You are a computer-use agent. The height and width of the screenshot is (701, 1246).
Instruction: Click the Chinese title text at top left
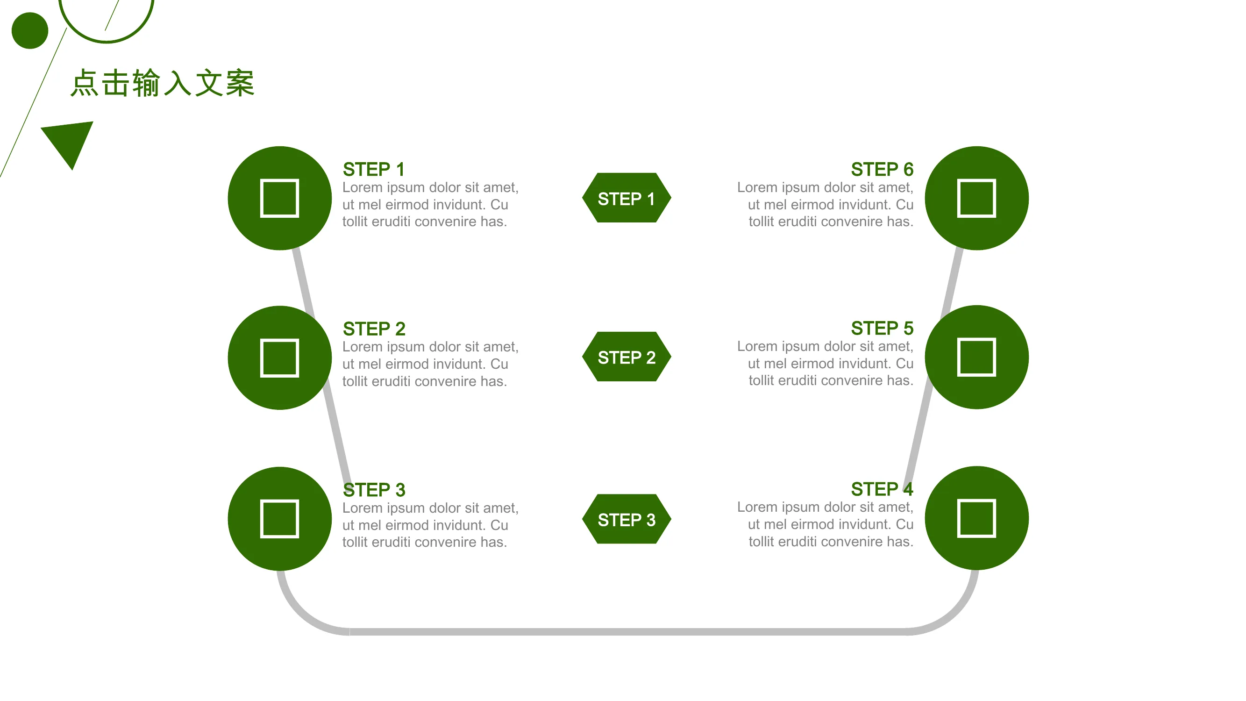point(163,83)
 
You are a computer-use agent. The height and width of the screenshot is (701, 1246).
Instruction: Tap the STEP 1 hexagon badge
point(627,198)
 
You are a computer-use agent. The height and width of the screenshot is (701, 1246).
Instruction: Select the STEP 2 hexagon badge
point(627,357)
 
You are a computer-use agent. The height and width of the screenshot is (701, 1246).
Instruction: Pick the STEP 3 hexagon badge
point(627,519)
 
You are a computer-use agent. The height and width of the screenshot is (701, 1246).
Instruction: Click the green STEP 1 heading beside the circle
point(373,169)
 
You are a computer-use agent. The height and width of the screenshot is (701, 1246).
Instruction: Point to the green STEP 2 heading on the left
point(374,329)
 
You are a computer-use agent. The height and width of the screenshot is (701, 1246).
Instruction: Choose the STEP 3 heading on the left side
point(374,490)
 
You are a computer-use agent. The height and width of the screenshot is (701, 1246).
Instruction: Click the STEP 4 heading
point(882,489)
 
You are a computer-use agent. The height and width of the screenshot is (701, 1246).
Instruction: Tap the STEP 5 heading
point(882,329)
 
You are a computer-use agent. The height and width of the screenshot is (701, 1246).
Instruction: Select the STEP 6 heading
point(882,169)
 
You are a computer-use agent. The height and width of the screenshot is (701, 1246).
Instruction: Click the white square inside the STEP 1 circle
point(279,198)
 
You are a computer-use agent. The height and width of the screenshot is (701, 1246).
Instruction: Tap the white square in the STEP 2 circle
point(279,358)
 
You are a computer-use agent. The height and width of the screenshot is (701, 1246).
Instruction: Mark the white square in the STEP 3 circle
point(279,519)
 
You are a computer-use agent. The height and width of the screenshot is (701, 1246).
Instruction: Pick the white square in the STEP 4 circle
point(976,518)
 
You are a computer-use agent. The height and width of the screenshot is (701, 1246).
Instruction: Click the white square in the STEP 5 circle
point(976,357)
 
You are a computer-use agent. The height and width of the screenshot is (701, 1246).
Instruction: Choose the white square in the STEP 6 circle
point(976,198)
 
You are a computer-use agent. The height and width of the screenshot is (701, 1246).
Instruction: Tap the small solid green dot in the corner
point(30,30)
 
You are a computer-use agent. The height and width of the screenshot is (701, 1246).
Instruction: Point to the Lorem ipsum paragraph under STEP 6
point(825,205)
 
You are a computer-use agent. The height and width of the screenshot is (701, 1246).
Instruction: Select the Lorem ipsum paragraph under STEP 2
point(430,364)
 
